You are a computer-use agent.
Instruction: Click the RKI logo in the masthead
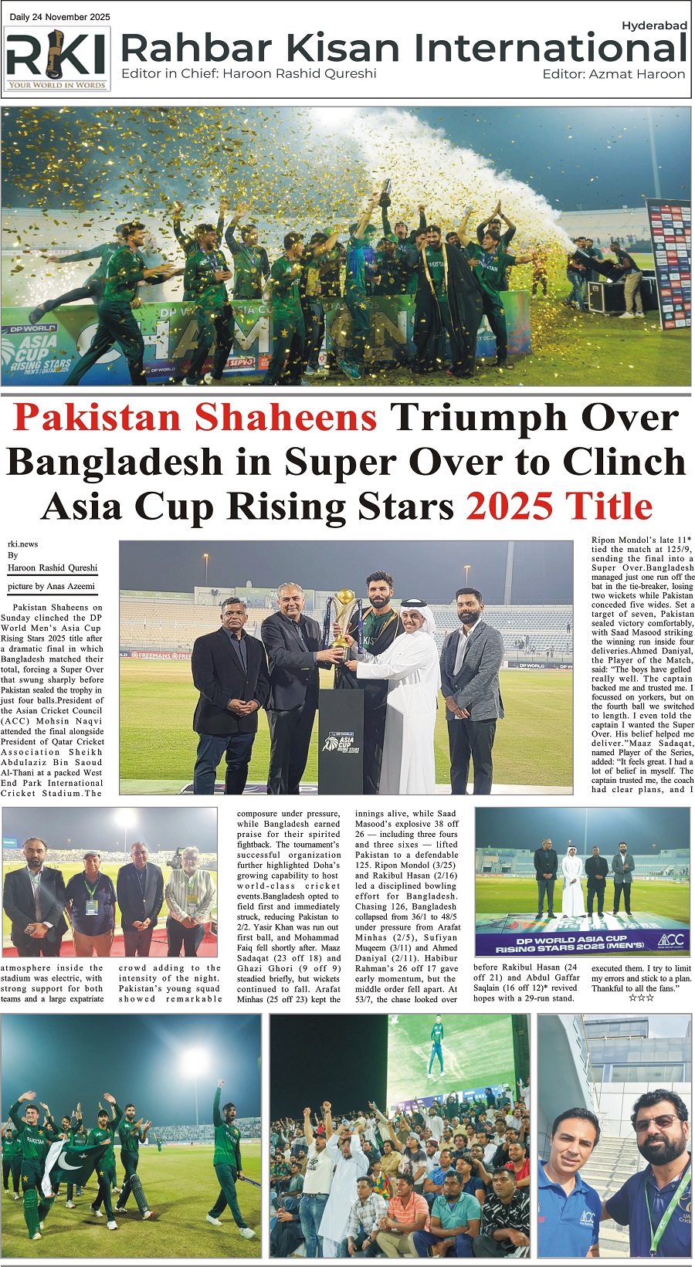(57, 59)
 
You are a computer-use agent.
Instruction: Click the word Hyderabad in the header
(654, 25)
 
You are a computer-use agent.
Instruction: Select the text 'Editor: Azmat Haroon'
(613, 74)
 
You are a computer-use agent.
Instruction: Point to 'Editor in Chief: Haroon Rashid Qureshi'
(249, 73)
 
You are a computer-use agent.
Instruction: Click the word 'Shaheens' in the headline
(286, 418)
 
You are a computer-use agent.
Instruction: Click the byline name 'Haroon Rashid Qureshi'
(53, 567)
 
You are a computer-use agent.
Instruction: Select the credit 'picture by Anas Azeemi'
(51, 586)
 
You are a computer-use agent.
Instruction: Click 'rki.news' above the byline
(23, 544)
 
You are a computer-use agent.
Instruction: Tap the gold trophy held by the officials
(343, 618)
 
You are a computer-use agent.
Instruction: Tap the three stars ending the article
(641, 998)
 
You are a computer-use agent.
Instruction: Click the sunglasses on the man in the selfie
(653, 1122)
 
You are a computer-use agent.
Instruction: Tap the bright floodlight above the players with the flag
(193, 1062)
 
